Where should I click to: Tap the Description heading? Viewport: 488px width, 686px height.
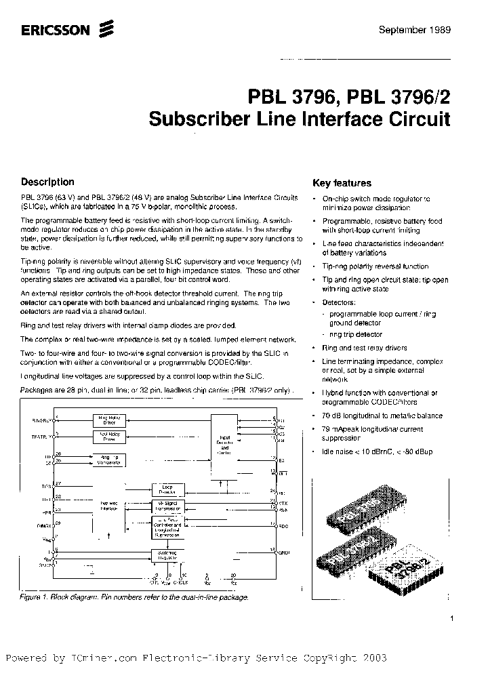click(x=47, y=182)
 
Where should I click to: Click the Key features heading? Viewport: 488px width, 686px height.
click(x=342, y=183)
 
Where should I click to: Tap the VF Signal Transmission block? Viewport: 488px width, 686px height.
click(x=167, y=505)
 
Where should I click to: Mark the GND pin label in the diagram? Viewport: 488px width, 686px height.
click(x=284, y=552)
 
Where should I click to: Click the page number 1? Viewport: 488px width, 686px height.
click(x=451, y=618)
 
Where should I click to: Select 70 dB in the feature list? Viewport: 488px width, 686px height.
click(x=331, y=415)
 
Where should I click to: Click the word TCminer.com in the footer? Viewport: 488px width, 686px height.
click(x=98, y=658)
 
